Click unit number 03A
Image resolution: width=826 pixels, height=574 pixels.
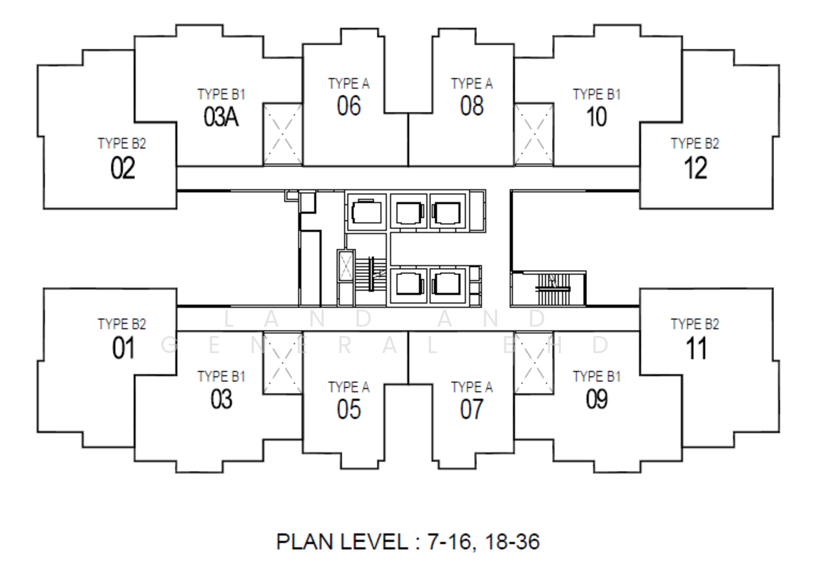coord(221,117)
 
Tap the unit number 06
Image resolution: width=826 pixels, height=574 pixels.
coord(349,106)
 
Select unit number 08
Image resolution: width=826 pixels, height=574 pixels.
coord(471,106)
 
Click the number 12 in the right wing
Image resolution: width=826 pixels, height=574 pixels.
coord(695,168)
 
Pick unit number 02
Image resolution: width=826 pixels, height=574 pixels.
coord(122,168)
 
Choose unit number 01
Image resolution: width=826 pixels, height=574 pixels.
coord(123,348)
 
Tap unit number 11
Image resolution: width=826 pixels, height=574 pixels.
coord(695,348)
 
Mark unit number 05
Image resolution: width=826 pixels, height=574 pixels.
coord(349,409)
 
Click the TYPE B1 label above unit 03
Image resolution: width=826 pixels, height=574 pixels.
coord(221,376)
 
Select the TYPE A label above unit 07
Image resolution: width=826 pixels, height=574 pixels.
coord(471,387)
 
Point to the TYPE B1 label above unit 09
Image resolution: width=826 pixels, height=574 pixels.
coord(596,376)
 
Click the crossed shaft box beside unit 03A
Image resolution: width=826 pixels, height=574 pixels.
coord(282,134)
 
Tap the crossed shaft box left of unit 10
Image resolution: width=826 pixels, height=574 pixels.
coord(534,134)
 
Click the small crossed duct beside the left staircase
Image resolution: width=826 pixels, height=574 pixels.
coord(345,266)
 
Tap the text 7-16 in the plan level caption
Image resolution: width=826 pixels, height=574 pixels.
coord(449,542)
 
